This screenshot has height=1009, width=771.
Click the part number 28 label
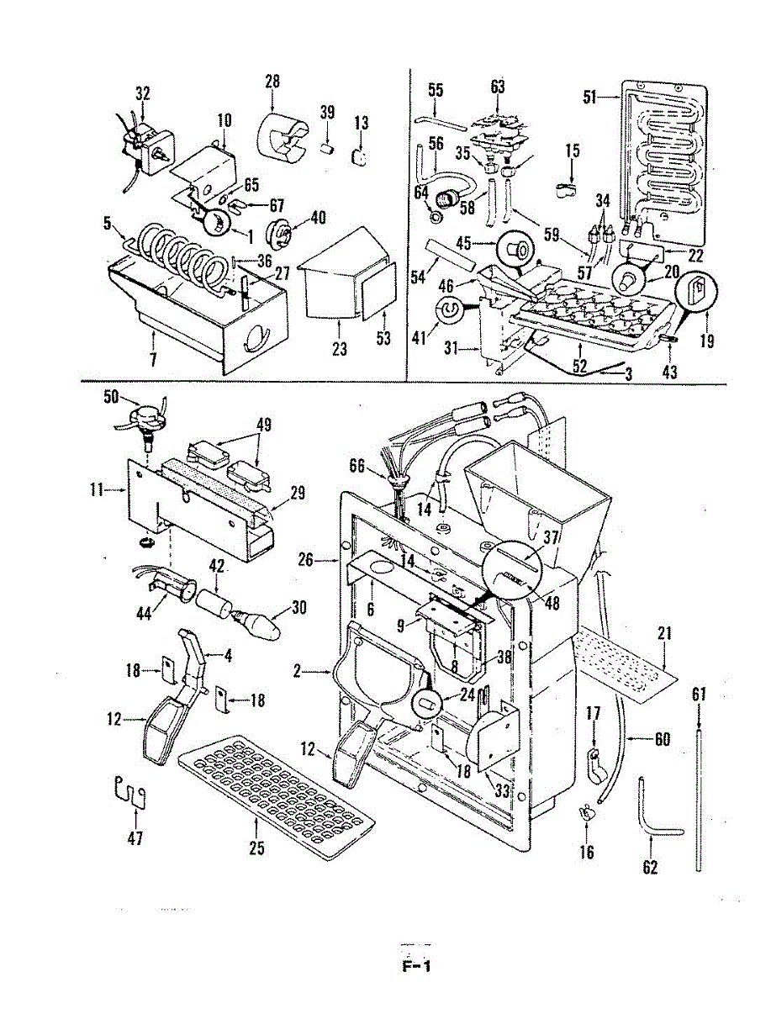[x=272, y=82]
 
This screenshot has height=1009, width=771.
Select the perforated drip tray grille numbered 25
[x=276, y=790]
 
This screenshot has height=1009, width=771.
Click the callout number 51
[x=590, y=98]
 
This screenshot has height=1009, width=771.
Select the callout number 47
[x=135, y=838]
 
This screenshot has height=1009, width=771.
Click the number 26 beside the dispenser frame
[x=305, y=560]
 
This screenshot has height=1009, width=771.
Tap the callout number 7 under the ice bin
[x=153, y=360]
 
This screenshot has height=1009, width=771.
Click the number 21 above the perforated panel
[x=664, y=634]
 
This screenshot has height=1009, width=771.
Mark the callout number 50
[x=111, y=397]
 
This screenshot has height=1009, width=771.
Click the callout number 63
[x=498, y=87]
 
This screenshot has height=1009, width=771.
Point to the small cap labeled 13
[x=360, y=157]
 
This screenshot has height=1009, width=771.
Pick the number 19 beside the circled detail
[x=707, y=341]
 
